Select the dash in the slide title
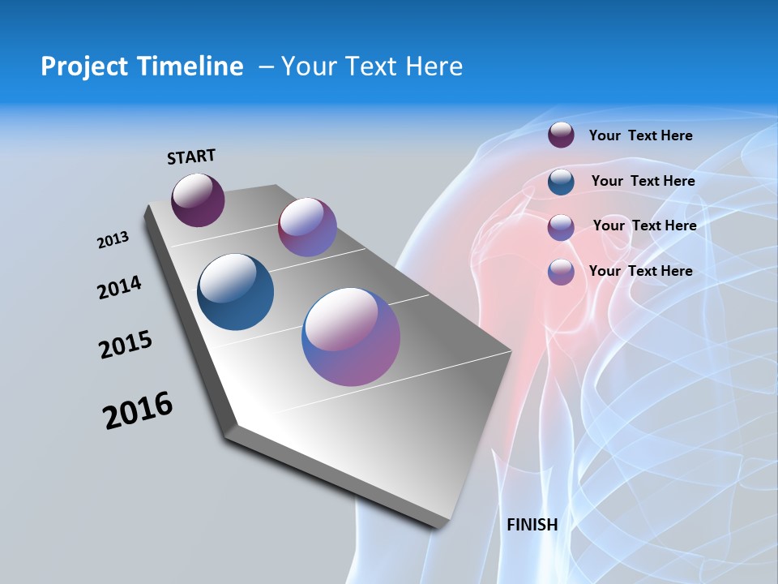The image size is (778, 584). [266, 67]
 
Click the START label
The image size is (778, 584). [191, 157]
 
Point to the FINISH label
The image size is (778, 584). [532, 525]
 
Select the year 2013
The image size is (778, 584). [113, 240]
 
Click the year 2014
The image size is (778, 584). [119, 287]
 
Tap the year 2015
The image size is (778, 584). [126, 345]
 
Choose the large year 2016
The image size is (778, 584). [138, 410]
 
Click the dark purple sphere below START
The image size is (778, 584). [198, 200]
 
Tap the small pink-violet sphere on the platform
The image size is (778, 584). [307, 227]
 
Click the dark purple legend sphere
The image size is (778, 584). [561, 135]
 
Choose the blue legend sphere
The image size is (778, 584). [561, 181]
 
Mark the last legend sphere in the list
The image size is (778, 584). [561, 271]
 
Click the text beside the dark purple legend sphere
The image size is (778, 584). [640, 135]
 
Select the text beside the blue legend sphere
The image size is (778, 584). [643, 181]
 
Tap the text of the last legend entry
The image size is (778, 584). [640, 271]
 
